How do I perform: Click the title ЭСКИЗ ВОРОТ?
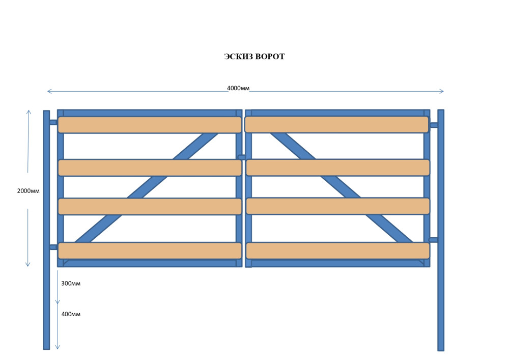(x=254, y=57)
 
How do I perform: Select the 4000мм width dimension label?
(x=238, y=88)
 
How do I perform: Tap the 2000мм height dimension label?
(x=29, y=191)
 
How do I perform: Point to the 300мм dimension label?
(x=71, y=283)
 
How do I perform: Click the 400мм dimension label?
(x=71, y=314)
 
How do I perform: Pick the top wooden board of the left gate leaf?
(x=150, y=125)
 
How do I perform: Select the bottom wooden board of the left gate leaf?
(x=150, y=251)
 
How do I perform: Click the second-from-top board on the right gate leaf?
(x=338, y=168)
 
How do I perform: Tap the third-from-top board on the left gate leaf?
(x=150, y=206)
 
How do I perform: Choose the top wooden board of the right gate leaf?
(x=336, y=124)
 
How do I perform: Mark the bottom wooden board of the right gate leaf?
(x=338, y=251)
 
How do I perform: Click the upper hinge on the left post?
(x=53, y=122)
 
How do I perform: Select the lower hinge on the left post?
(x=53, y=247)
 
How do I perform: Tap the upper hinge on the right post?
(x=434, y=125)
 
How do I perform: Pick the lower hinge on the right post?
(x=433, y=240)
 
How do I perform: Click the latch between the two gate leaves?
(x=242, y=157)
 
